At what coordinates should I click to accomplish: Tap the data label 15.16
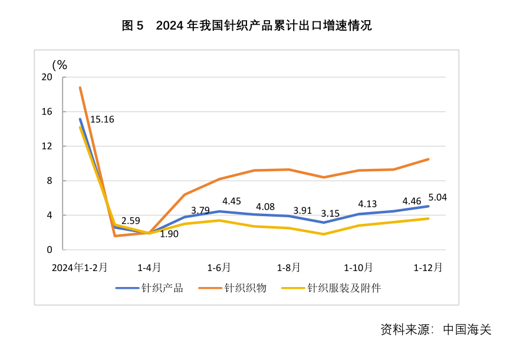102,119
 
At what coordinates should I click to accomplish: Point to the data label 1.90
169,234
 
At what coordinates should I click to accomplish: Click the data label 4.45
232,201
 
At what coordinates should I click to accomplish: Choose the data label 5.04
437,197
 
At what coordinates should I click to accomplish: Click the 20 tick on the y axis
47,77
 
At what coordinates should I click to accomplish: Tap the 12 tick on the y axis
47,146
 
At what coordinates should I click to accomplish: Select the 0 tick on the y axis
50,250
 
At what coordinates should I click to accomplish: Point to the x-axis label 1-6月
219,268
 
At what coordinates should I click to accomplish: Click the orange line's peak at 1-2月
80,87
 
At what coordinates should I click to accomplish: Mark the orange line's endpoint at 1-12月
428,159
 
